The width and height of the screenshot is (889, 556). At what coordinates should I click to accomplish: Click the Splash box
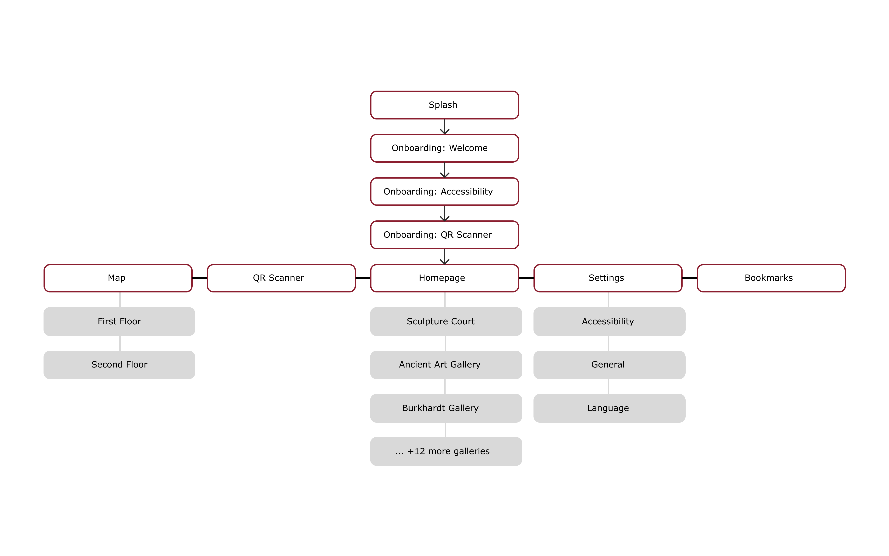coord(444,105)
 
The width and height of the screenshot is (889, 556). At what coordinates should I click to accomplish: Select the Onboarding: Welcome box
coord(444,148)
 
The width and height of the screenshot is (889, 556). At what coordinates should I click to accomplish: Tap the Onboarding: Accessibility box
coord(444,192)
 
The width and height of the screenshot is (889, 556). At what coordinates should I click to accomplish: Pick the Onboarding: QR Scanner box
coord(444,235)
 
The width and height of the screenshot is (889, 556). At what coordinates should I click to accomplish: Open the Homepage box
coord(444,278)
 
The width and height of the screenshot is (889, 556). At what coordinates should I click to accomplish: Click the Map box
coord(118,278)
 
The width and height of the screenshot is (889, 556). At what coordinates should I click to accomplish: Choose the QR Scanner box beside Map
coord(281,278)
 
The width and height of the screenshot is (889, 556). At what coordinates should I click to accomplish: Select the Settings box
coord(608,278)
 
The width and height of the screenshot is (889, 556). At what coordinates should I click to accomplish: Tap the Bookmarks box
coord(771,278)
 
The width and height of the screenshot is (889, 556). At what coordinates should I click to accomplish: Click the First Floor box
coord(119,321)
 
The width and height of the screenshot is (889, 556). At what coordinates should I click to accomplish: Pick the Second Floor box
coord(119,365)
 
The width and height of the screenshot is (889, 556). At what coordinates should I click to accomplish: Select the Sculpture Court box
coord(446,321)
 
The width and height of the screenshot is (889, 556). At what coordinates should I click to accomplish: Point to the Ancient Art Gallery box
coord(446,365)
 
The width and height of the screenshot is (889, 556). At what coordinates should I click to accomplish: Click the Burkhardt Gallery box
coord(446,408)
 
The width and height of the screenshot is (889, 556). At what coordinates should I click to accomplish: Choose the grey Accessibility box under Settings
coord(610,321)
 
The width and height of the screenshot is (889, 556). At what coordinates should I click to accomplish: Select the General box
coord(610,365)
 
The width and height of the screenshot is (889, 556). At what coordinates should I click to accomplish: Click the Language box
coord(610,408)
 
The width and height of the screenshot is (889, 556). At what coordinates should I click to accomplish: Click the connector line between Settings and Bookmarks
coord(689,278)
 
